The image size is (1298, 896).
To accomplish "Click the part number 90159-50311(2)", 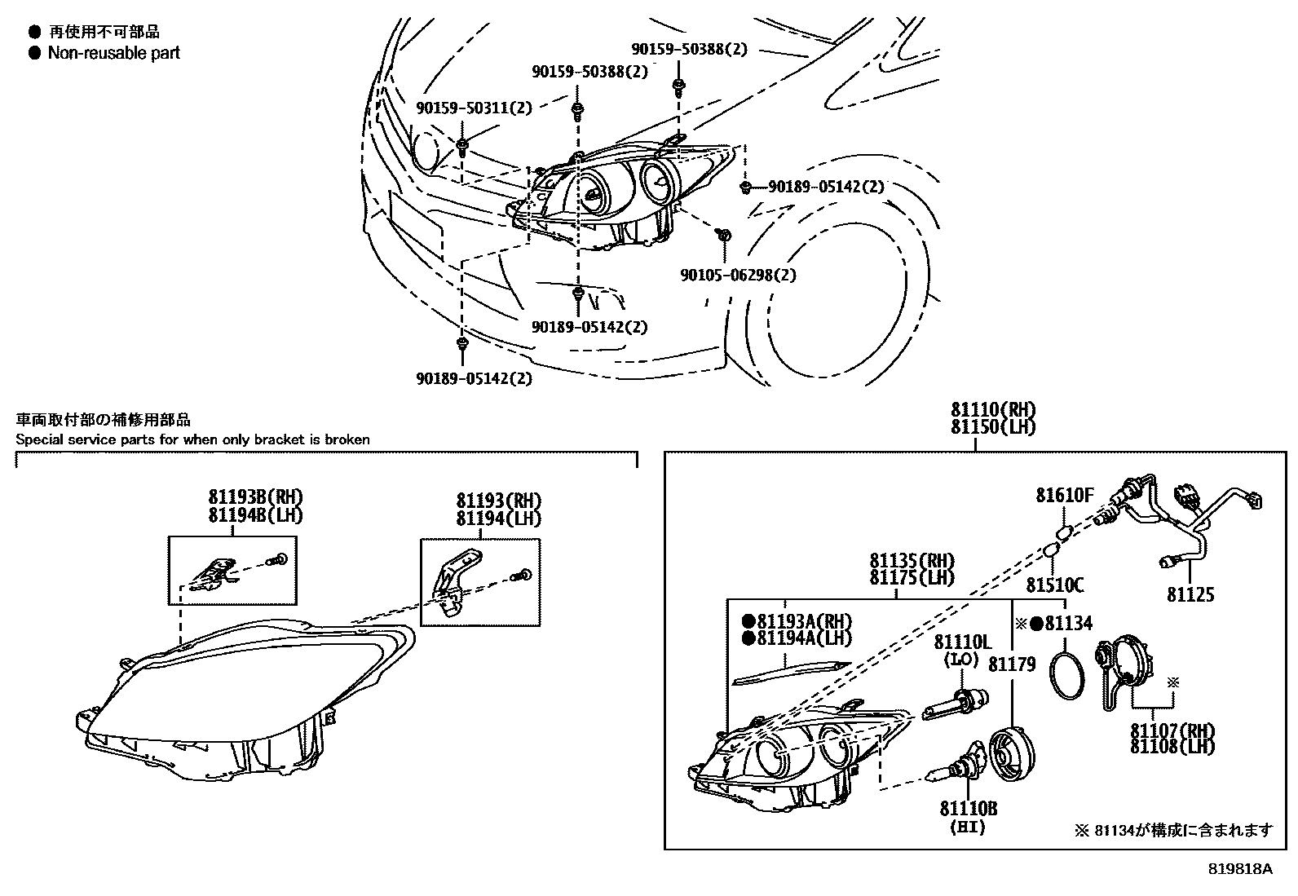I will coord(473,108).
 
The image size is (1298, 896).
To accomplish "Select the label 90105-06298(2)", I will coord(738,275).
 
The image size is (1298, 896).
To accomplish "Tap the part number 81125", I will coord(1190,594).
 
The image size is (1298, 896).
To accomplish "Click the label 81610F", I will coord(1064,495).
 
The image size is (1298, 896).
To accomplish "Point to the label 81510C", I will coord(1054,585).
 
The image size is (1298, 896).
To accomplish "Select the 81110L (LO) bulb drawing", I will coord(956,703).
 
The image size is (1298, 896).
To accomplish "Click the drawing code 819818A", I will coord(1240,869).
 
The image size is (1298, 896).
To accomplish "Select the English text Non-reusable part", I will coord(113,53).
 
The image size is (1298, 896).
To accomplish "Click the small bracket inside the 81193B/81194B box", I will coord(212,573).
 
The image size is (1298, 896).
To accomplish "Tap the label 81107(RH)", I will coord(1172,730).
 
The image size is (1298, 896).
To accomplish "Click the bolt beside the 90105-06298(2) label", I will coord(723,236).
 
